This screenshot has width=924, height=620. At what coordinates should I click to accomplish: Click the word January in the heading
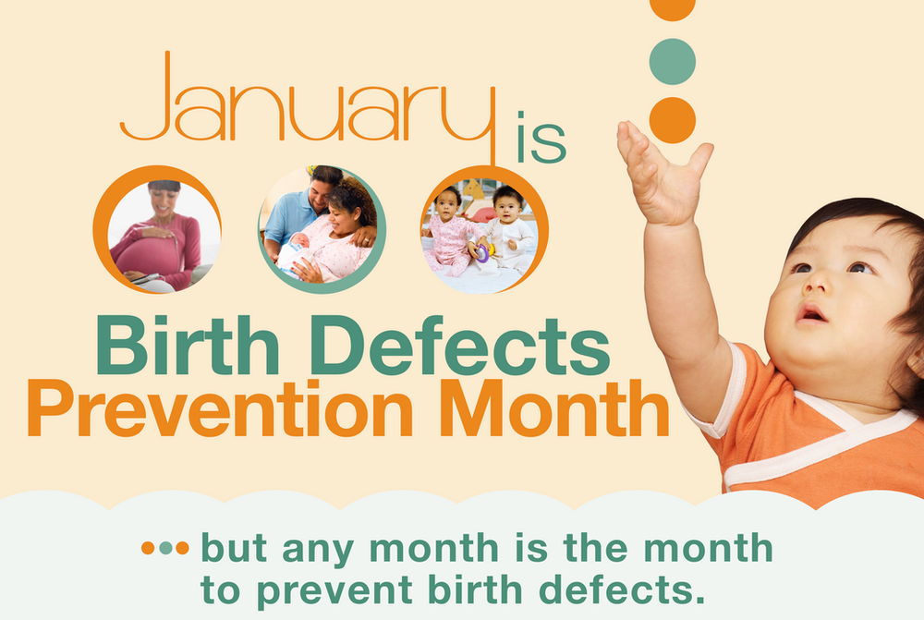[x=308, y=106]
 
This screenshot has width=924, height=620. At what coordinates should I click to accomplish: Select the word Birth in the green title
[x=188, y=346]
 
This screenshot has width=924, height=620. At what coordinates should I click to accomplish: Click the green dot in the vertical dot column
[x=673, y=61]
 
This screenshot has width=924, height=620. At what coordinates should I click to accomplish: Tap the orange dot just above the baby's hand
[x=673, y=120]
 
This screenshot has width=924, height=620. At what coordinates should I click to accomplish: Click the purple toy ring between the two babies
[x=482, y=253]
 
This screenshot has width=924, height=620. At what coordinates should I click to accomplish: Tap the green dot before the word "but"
[x=165, y=548]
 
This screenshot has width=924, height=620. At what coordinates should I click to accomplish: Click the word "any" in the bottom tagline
[x=319, y=551]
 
